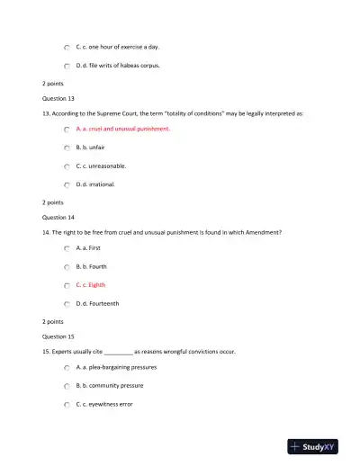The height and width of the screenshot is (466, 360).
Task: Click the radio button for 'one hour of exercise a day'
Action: [67, 47]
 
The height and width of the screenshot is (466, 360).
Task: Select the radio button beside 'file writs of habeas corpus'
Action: [67, 66]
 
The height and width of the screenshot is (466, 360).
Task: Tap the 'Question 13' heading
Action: [58, 98]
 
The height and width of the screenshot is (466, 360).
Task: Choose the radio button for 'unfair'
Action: [67, 148]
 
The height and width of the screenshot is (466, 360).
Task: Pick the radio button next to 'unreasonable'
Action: [67, 166]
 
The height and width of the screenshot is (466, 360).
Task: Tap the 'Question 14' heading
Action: [58, 217]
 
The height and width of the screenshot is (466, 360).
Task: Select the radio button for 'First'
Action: [67, 247]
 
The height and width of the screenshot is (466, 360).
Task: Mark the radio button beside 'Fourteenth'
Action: [67, 304]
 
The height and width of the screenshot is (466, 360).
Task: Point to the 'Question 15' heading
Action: [58, 336]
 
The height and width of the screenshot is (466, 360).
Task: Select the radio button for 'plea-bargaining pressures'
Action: [67, 368]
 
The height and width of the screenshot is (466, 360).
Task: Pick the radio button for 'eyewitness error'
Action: [67, 405]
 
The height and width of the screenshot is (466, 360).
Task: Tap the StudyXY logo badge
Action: [313, 445]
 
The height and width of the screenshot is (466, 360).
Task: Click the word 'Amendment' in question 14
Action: [264, 232]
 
